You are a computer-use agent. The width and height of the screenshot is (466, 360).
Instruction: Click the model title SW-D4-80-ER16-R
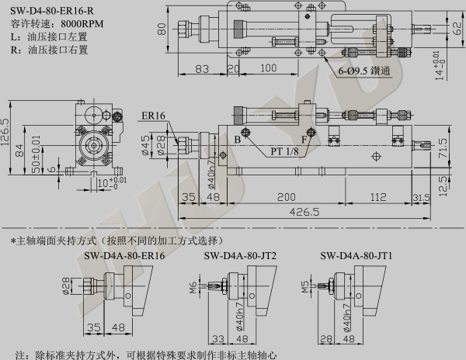click(x=52, y=11)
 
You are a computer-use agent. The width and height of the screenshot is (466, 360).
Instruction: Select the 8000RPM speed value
click(x=82, y=24)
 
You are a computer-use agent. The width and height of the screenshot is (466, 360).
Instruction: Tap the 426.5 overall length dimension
click(x=304, y=212)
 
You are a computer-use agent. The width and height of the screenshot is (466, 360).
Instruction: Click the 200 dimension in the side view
click(x=286, y=197)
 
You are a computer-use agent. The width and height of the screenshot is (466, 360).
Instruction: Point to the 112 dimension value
click(x=378, y=197)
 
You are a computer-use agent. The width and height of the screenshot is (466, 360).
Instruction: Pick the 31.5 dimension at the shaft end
click(x=421, y=198)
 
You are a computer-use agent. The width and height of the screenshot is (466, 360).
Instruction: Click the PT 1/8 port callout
click(x=284, y=151)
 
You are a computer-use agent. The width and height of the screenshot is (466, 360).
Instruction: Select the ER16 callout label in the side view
click(x=153, y=116)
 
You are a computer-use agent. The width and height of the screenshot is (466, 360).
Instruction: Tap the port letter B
click(x=237, y=140)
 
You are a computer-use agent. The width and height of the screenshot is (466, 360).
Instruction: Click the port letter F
click(x=304, y=140)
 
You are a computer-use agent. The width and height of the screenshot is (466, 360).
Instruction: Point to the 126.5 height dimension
click(x=5, y=133)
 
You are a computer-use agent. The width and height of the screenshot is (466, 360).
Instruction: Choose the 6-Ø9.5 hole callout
click(x=363, y=71)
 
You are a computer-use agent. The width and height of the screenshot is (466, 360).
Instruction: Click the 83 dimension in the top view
click(x=202, y=69)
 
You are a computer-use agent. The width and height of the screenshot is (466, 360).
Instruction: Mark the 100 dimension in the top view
click(x=269, y=68)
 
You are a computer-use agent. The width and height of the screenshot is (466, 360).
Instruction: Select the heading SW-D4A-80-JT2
click(x=240, y=255)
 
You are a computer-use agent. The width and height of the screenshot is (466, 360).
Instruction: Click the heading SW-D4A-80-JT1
click(x=356, y=255)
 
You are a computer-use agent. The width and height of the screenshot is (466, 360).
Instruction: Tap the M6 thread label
click(x=193, y=287)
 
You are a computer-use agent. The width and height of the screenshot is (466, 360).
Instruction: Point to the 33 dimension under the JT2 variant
click(x=218, y=338)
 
